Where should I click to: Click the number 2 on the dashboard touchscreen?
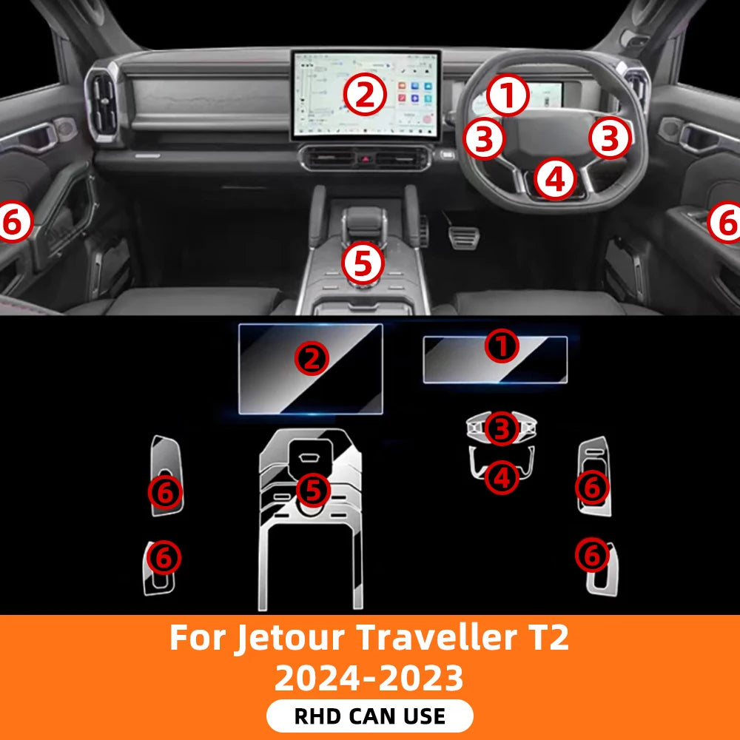coord(365,95)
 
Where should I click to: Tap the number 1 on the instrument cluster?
coord(508,95)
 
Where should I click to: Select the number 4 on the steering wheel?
coord(556,179)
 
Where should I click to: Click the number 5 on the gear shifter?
coord(363,264)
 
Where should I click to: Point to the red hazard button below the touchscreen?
coord(365,158)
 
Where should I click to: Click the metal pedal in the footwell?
coord(463,237)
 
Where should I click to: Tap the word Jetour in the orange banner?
coord(291,639)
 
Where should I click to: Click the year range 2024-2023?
coord(369,678)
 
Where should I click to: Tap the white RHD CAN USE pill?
coord(369,716)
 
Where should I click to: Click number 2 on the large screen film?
coord(312,359)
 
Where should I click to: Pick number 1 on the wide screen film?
coord(502,346)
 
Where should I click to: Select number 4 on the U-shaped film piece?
coord(502,477)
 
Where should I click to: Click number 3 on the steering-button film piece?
coord(502,428)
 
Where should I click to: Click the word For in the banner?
coord(198,638)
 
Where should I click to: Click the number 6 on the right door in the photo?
coord(725,222)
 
